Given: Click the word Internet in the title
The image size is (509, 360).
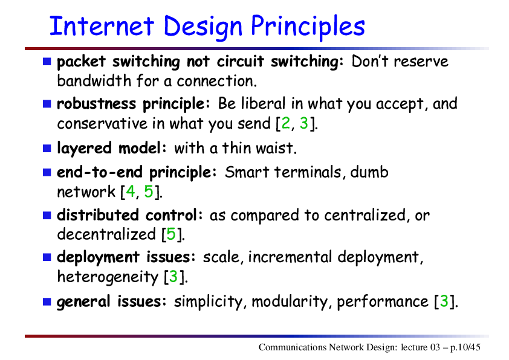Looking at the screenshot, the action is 102,25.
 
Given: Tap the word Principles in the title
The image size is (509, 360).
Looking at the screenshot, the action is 308,27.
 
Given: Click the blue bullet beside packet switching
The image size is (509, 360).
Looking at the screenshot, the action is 47,61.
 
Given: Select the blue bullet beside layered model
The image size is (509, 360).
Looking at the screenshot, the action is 47,148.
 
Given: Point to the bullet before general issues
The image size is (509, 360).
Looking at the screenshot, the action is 47,302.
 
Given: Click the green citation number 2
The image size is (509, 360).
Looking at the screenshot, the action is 286,123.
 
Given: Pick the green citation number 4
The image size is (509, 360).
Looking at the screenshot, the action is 131,191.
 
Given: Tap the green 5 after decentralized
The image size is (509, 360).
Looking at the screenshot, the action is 171,234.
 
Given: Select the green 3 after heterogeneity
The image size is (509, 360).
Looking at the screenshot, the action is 173,276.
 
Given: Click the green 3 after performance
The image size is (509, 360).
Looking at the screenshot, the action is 444,301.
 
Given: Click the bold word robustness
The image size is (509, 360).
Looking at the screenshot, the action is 96,104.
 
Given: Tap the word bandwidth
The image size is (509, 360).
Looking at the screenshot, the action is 94,81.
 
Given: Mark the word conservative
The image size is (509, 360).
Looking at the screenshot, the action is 102,124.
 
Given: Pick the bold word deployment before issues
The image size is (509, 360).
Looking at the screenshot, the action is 99,258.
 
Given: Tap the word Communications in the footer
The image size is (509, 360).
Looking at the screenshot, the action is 292,347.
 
